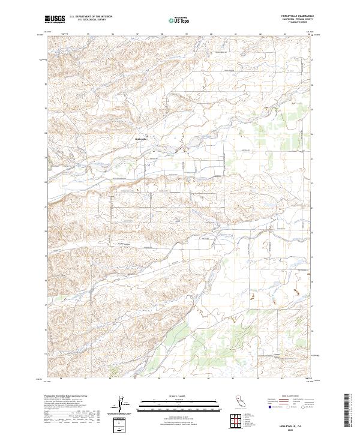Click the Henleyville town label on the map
(x=141, y=140)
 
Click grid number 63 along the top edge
(x=284, y=34)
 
